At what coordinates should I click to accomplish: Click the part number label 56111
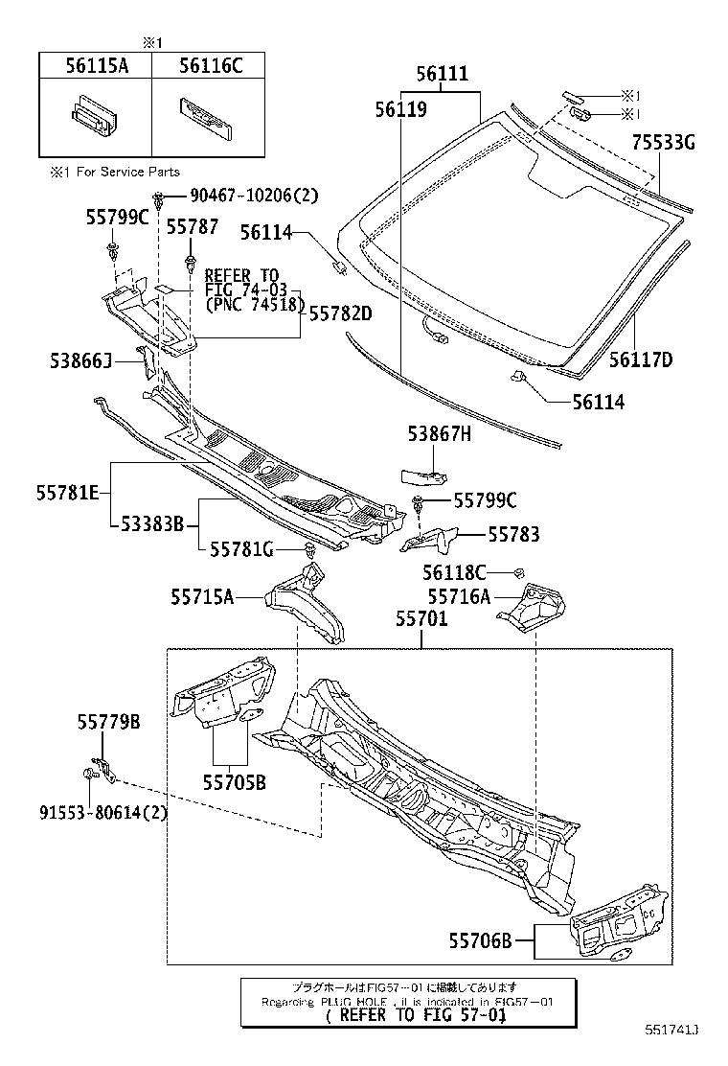tap(442, 75)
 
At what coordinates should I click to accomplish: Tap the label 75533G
tap(663, 144)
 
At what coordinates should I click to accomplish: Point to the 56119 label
tap(400, 109)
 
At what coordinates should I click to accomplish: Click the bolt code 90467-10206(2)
tap(253, 196)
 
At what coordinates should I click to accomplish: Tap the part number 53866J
tap(80, 360)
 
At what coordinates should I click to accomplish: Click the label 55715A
tap(202, 596)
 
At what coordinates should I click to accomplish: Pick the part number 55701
tap(421, 620)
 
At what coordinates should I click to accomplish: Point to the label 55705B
tap(233, 782)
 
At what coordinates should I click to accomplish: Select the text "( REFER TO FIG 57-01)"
tap(415, 1015)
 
